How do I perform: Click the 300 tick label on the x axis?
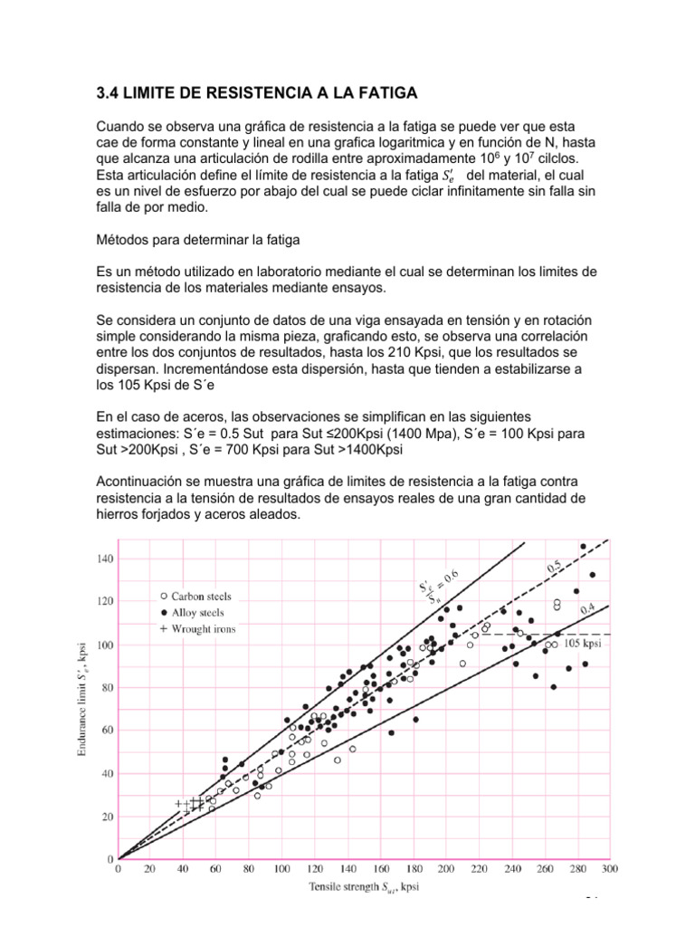coord(609,871)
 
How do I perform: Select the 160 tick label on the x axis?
coord(380,871)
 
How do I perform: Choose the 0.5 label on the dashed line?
coord(556,567)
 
